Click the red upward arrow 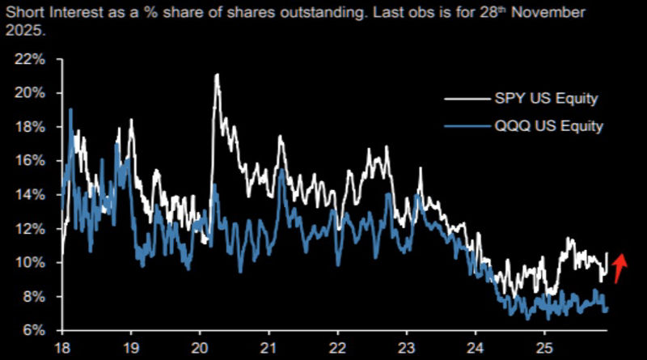pos(620,268)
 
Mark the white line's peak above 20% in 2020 pos(217,75)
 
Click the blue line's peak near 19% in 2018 pos(71,109)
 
